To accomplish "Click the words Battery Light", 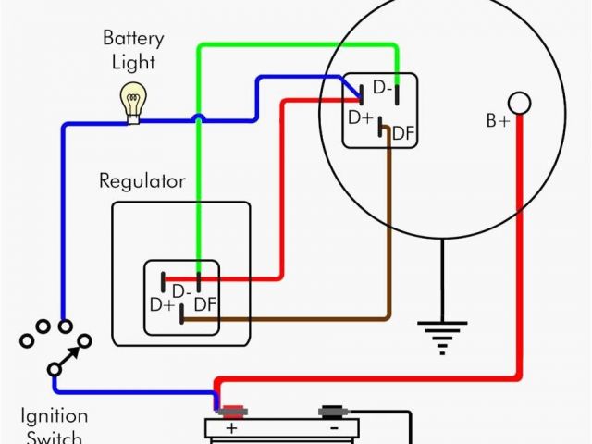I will (x=133, y=52).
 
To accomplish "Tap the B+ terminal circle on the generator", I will (x=520, y=102).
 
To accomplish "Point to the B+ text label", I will (x=498, y=121).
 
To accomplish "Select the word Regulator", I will (x=142, y=181).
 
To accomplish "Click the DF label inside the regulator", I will (x=206, y=304).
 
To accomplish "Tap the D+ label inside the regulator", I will (x=163, y=304).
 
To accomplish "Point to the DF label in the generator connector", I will (x=403, y=133).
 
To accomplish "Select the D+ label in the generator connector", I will (x=361, y=117).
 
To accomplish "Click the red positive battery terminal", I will (x=231, y=410).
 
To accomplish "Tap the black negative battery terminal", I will (x=332, y=410).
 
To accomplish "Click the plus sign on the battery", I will (x=231, y=429).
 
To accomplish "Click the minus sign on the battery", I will (x=332, y=429).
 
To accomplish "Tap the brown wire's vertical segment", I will (x=388, y=231).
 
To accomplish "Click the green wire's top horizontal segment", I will (x=296, y=44).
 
